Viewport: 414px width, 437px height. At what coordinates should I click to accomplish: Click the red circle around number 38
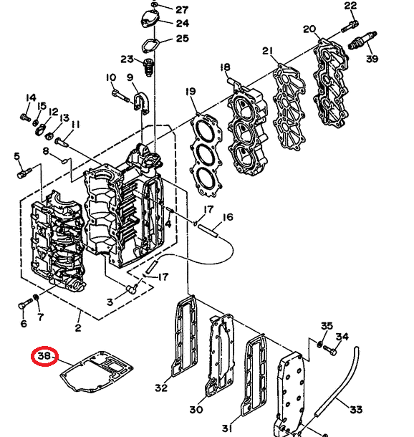44,356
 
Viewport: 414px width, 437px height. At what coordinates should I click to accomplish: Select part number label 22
350,6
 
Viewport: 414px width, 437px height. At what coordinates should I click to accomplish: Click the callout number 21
268,52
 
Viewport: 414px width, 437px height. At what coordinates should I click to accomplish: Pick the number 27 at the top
182,9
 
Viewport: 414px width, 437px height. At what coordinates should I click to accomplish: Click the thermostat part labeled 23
148,68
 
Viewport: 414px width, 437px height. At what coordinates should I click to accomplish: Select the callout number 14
31,98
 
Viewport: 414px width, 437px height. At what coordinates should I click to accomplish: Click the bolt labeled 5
26,171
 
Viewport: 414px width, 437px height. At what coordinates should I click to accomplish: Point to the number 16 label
228,217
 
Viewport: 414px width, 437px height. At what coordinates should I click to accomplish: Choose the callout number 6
23,324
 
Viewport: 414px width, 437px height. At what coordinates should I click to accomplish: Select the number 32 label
161,388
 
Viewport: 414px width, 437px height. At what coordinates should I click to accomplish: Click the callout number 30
196,410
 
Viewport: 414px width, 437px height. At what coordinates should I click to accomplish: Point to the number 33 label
356,409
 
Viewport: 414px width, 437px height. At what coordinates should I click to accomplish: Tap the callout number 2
78,328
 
